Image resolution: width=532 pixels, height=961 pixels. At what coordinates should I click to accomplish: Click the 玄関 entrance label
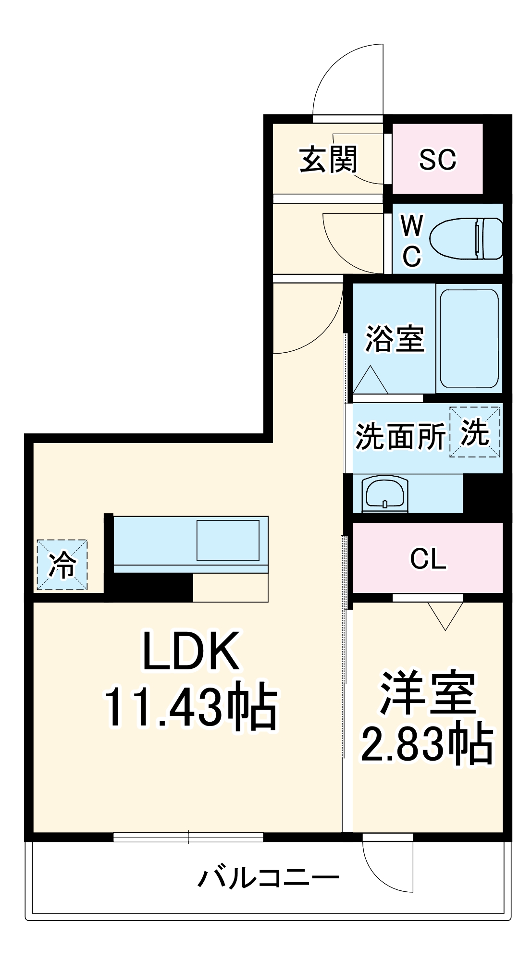pos(328,160)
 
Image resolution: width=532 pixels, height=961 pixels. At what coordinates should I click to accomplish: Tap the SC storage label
pos(437,160)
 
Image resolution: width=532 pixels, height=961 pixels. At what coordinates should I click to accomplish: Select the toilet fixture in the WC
pos(465,239)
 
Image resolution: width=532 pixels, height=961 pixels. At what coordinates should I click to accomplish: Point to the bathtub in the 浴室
pos(469,338)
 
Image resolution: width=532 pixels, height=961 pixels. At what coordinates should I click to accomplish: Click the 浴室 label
pos(395,339)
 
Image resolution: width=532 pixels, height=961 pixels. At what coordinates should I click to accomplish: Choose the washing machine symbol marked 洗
pos(475,432)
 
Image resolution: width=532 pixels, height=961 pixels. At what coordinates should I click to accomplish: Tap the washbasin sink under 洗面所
pos(385,493)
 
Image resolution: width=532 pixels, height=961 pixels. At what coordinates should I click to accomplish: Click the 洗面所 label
pos(400,437)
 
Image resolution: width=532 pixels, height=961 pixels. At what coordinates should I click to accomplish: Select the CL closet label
pos(428,559)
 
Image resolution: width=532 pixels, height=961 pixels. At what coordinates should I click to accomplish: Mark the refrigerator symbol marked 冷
pos(62,565)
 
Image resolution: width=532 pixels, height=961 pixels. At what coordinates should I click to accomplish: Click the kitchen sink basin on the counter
pos(228,540)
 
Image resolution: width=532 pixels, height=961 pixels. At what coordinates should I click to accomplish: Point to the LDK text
pos(191,652)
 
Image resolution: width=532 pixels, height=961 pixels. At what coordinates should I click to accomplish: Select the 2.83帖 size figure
pos(427,744)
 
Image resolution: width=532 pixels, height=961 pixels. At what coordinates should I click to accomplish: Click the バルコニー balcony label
pos(269,878)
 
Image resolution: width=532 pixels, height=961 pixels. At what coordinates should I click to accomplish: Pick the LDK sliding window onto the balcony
pos(188,837)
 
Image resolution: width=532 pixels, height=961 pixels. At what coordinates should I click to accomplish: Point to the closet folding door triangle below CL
pos(445,615)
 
